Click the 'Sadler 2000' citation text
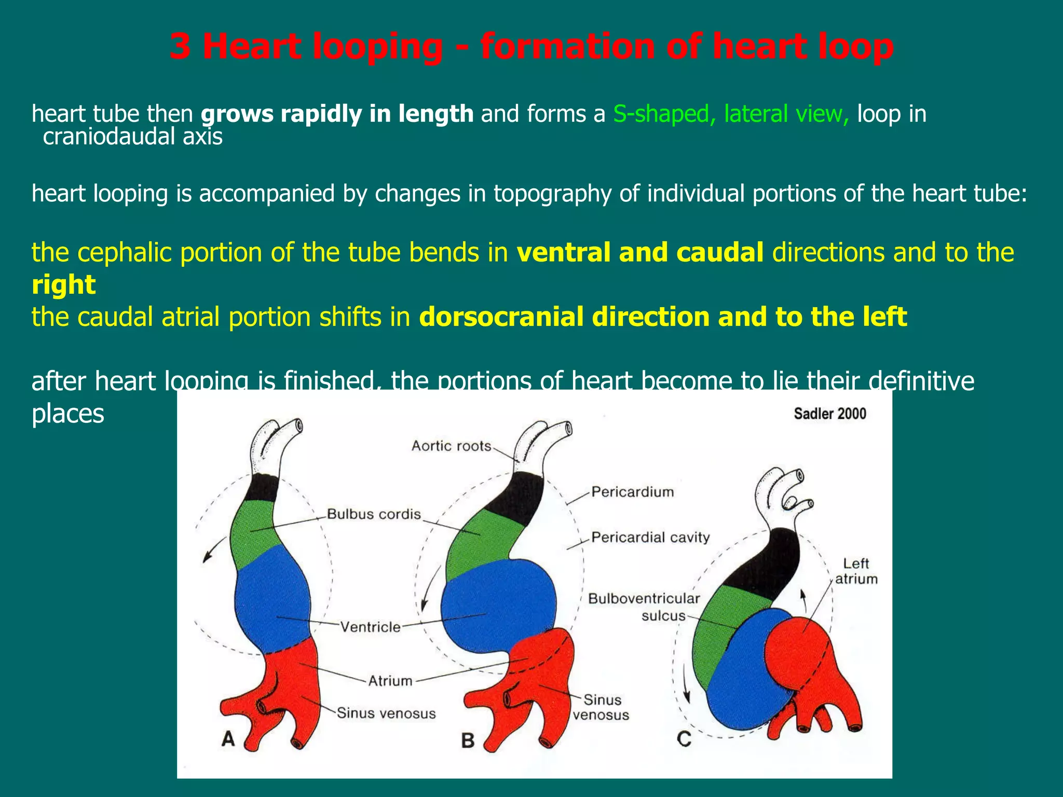(x=829, y=414)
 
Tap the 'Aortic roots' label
(x=451, y=446)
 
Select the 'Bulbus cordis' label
(x=374, y=514)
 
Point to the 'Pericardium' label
(x=632, y=491)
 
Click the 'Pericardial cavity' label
(x=650, y=537)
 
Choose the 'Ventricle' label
(x=371, y=627)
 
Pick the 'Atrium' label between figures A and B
(x=390, y=680)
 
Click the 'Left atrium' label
(x=856, y=571)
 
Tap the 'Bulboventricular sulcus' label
(x=645, y=607)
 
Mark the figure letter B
(x=468, y=740)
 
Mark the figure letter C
(x=684, y=738)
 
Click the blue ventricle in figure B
(x=498, y=602)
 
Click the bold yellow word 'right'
(x=63, y=284)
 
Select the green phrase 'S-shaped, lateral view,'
(x=731, y=114)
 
